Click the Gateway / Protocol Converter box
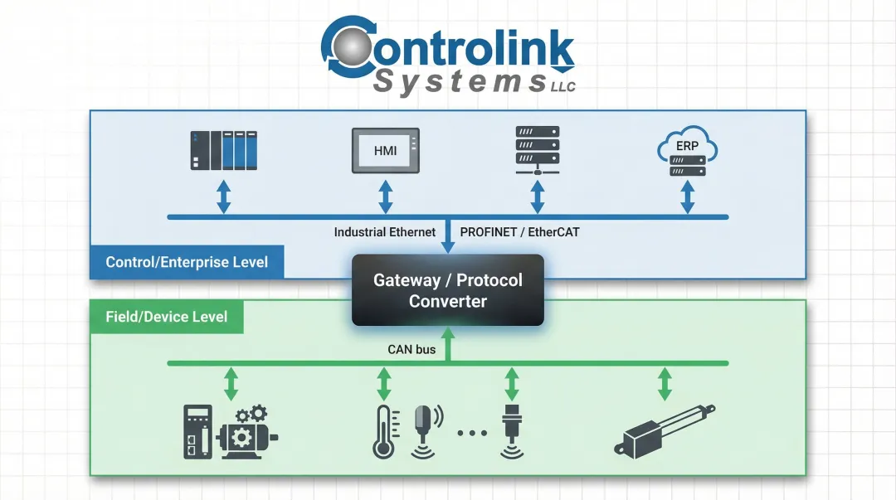tap(448, 290)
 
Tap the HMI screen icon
tap(385, 150)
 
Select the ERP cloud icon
tap(687, 150)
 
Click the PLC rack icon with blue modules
tap(222, 150)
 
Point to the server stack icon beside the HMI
tap(537, 150)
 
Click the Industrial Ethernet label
tap(384, 232)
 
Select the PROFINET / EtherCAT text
tap(519, 232)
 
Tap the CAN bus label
tap(411, 349)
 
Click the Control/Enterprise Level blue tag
tap(187, 262)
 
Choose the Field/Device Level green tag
tap(166, 317)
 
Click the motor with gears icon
tap(248, 432)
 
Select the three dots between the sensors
tap(470, 433)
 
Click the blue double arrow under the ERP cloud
tap(687, 198)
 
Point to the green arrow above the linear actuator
tap(665, 383)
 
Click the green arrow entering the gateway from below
tap(448, 343)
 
